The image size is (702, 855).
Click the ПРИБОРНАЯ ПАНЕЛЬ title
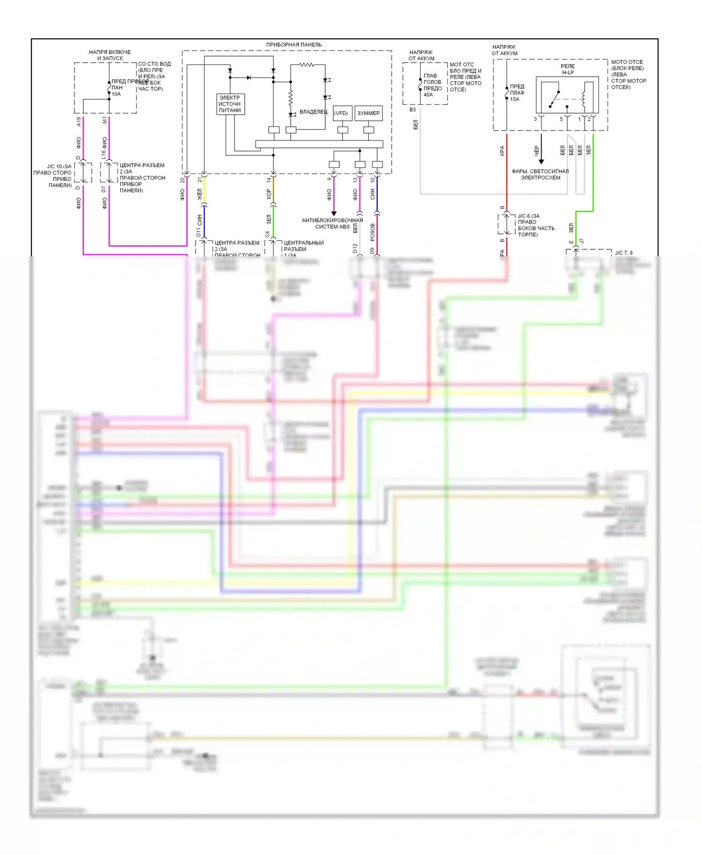pos(293,45)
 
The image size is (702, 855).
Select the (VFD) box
pos(341,113)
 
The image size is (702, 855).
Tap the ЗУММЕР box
pos(368,113)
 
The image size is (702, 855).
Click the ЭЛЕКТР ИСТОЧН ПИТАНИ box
pos(230,104)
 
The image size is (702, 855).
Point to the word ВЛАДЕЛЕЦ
pos(314,112)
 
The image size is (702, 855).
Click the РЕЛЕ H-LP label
pos(567,69)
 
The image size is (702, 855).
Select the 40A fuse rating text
pos(428,95)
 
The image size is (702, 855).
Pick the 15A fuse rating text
pos(515,99)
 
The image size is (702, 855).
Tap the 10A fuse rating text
pos(116,94)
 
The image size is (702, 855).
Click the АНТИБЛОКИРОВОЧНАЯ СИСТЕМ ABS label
pos(332,224)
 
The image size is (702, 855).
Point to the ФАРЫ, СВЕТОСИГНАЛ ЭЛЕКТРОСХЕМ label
pos(541,174)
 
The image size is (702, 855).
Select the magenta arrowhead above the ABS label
pos(334,213)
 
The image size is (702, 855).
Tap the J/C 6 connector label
pos(528,216)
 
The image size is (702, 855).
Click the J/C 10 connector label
pos(59,167)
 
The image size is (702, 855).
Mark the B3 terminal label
pos(412,110)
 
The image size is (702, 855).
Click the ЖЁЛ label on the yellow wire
pos(200,195)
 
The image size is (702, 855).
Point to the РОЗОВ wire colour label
pos(373,232)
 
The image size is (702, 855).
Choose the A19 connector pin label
pos(79,122)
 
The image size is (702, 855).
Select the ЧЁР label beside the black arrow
pos(536,150)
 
